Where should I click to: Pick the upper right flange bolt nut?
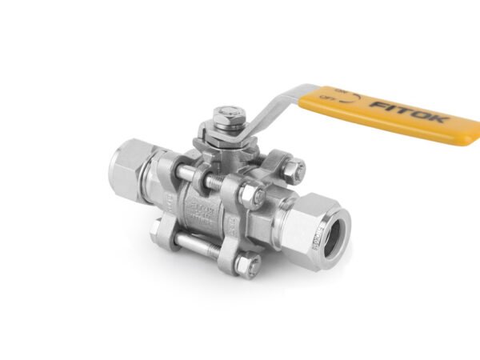coord(294,170)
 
